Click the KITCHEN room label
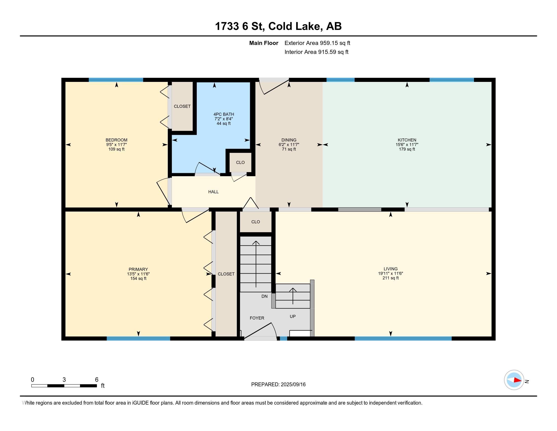tap(407, 140)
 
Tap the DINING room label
tap(289, 140)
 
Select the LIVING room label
tap(390, 269)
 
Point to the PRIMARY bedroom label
tap(138, 269)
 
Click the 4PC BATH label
tap(224, 114)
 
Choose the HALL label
tap(213, 192)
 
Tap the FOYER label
tap(257, 318)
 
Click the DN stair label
tap(265, 296)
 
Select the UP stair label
tap(292, 316)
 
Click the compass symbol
tap(514, 380)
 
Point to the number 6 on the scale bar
tap(97, 380)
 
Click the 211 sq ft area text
tap(390, 278)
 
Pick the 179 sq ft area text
tap(407, 149)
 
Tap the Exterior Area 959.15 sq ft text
tap(317, 43)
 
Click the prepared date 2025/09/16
tap(293, 384)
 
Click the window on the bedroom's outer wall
tap(116, 80)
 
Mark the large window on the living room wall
tap(403, 338)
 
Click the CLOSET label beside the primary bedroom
tap(226, 274)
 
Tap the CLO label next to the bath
tap(240, 163)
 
